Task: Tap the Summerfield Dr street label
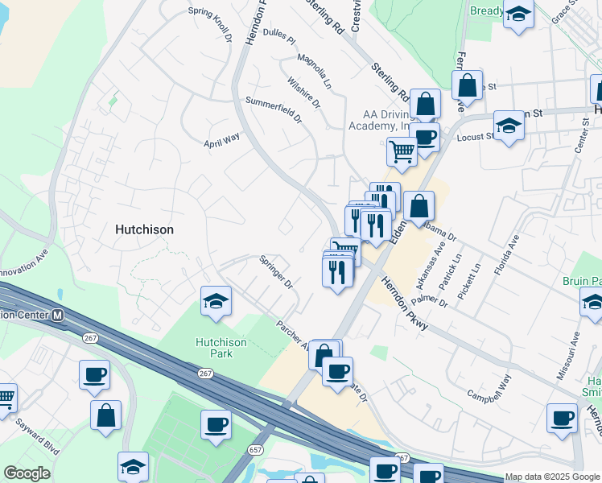[274, 109]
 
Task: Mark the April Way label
[222, 140]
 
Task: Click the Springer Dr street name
[275, 271]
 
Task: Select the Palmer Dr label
[432, 302]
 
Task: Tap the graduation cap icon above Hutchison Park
[216, 301]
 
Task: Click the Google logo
[27, 473]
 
